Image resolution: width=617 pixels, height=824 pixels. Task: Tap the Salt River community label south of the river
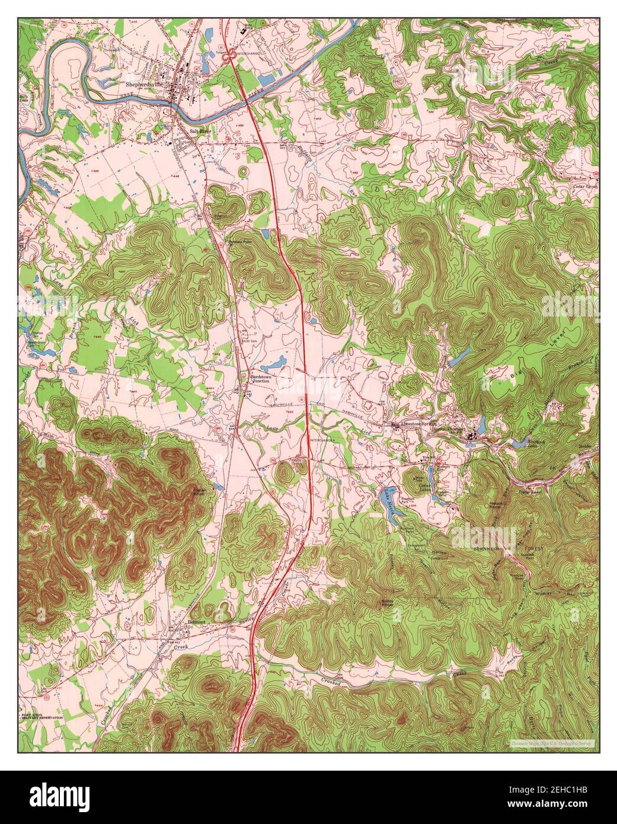click(x=199, y=131)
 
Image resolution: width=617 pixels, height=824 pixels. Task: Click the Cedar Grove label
click(x=584, y=186)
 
